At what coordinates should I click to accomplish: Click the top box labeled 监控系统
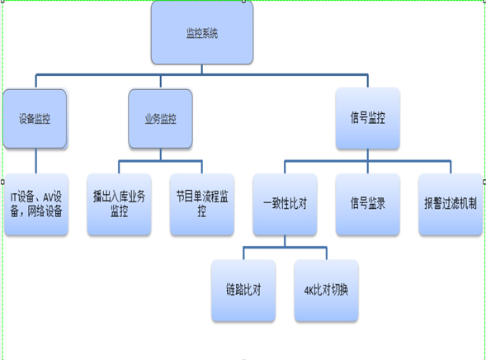[x=202, y=32]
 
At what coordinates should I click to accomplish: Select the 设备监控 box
[x=35, y=119]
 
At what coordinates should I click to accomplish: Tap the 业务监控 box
[x=161, y=119]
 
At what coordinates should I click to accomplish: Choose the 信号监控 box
[x=368, y=118]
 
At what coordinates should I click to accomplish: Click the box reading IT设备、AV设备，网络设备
[x=36, y=204]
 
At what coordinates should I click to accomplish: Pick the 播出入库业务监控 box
[x=120, y=204]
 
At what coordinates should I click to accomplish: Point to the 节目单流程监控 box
[x=202, y=204]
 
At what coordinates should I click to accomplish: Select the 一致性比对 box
[x=285, y=204]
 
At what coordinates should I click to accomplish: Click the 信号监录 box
[x=368, y=204]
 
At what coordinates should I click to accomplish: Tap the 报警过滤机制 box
[x=451, y=204]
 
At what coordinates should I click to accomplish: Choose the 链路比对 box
[x=243, y=291]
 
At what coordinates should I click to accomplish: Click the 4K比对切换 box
[x=327, y=291]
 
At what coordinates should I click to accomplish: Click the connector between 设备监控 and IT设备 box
[x=36, y=161]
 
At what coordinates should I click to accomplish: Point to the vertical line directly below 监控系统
[x=202, y=69]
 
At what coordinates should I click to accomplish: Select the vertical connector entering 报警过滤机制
[x=451, y=167]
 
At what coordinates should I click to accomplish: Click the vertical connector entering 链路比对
[x=243, y=253]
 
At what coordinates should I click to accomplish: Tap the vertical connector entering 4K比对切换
[x=327, y=253]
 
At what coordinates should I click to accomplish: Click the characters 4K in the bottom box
[x=309, y=291]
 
